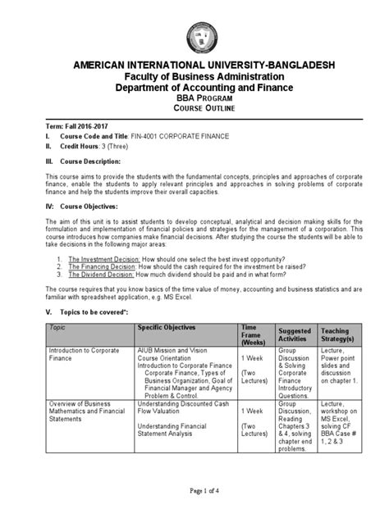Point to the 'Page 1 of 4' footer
click(x=195, y=501)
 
